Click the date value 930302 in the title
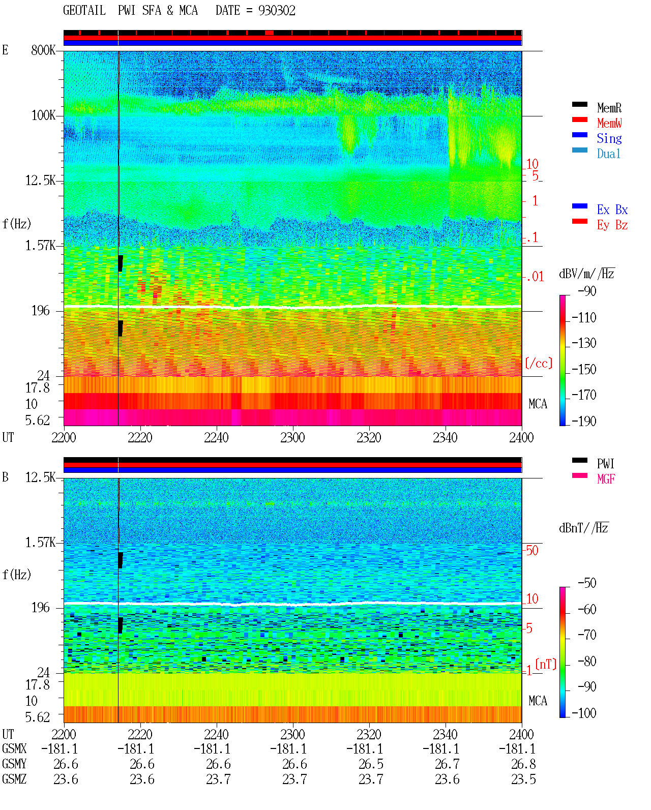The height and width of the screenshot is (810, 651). [277, 11]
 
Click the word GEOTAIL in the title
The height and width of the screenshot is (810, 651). [84, 11]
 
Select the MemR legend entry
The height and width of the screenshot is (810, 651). [609, 108]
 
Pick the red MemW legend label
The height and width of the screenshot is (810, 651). [609, 123]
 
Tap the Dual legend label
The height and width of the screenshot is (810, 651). [608, 154]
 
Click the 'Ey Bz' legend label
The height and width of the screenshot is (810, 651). [612, 225]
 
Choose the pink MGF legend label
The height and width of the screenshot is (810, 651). [606, 479]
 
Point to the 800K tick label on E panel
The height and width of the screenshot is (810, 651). [43, 50]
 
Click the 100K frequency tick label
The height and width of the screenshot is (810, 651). [43, 115]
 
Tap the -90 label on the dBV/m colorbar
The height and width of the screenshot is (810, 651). [587, 291]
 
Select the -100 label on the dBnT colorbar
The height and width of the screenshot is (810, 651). [584, 713]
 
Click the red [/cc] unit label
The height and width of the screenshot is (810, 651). [539, 363]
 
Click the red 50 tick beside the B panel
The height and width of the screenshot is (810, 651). [532, 550]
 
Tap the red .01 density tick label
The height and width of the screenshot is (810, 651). [535, 277]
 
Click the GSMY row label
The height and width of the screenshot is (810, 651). [14, 764]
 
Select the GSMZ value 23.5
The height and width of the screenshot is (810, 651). [523, 779]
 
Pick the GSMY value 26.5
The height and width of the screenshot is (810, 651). [371, 764]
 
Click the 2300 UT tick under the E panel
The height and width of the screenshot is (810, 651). [292, 438]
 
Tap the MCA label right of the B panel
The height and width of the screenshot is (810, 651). [538, 701]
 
